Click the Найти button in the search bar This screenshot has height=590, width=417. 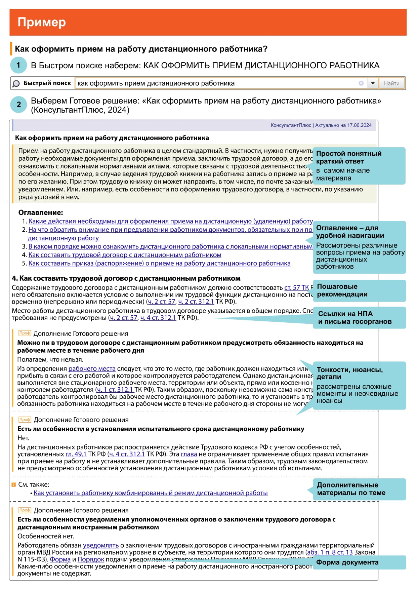point(391,83)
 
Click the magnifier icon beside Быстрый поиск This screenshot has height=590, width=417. point(16,84)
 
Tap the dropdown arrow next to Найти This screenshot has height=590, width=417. point(373,83)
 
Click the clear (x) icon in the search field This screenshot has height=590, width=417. point(361,83)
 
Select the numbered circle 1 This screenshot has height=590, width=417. point(18,65)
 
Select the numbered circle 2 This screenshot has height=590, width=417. point(18,105)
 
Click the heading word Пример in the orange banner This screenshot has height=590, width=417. point(42,22)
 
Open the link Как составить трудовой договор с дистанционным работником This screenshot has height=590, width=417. point(125,255)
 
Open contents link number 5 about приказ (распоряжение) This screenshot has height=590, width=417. point(159,263)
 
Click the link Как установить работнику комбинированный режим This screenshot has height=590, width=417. point(151,493)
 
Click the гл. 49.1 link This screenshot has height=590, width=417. point(76,454)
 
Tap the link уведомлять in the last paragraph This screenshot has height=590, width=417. point(101,545)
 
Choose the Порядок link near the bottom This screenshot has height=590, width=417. point(91,559)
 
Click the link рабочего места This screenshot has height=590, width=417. point(92,368)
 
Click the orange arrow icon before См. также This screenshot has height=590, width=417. point(14,485)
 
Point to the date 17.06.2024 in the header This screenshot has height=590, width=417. point(359,125)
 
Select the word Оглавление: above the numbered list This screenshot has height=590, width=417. point(41,212)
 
